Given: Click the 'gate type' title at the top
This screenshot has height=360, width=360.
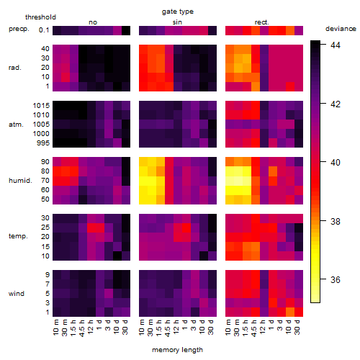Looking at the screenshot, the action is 178,12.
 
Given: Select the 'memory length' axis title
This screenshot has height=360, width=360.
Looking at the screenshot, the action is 177,350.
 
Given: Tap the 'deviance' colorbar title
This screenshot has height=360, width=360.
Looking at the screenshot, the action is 341,29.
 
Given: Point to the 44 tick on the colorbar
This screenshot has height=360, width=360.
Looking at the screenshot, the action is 336,45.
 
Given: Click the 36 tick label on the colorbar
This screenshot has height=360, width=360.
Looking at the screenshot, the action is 336,279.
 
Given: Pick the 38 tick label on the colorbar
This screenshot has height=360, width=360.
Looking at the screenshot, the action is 336,221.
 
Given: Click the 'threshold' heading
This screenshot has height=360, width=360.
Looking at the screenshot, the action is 40,17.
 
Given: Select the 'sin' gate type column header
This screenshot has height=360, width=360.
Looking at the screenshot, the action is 177,22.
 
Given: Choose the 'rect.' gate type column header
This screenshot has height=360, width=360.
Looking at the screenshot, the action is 262,22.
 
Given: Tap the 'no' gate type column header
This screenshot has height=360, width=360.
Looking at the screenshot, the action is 93,22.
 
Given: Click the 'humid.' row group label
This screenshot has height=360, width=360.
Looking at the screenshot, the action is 20,181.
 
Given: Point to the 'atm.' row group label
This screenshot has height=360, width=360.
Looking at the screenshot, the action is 16,125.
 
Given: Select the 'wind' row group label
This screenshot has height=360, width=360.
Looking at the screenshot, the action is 17,294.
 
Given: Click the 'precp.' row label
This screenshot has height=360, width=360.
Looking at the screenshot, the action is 19,29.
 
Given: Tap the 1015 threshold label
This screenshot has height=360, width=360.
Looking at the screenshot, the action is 41,106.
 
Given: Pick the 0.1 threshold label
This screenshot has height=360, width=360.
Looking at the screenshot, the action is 44,30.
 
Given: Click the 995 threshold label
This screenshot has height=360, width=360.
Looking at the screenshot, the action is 43,143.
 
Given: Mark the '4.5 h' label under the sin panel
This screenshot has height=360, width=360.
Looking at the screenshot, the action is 168,328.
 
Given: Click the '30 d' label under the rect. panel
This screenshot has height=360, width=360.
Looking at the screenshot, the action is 297,327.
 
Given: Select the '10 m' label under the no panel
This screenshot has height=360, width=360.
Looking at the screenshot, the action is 55,328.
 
